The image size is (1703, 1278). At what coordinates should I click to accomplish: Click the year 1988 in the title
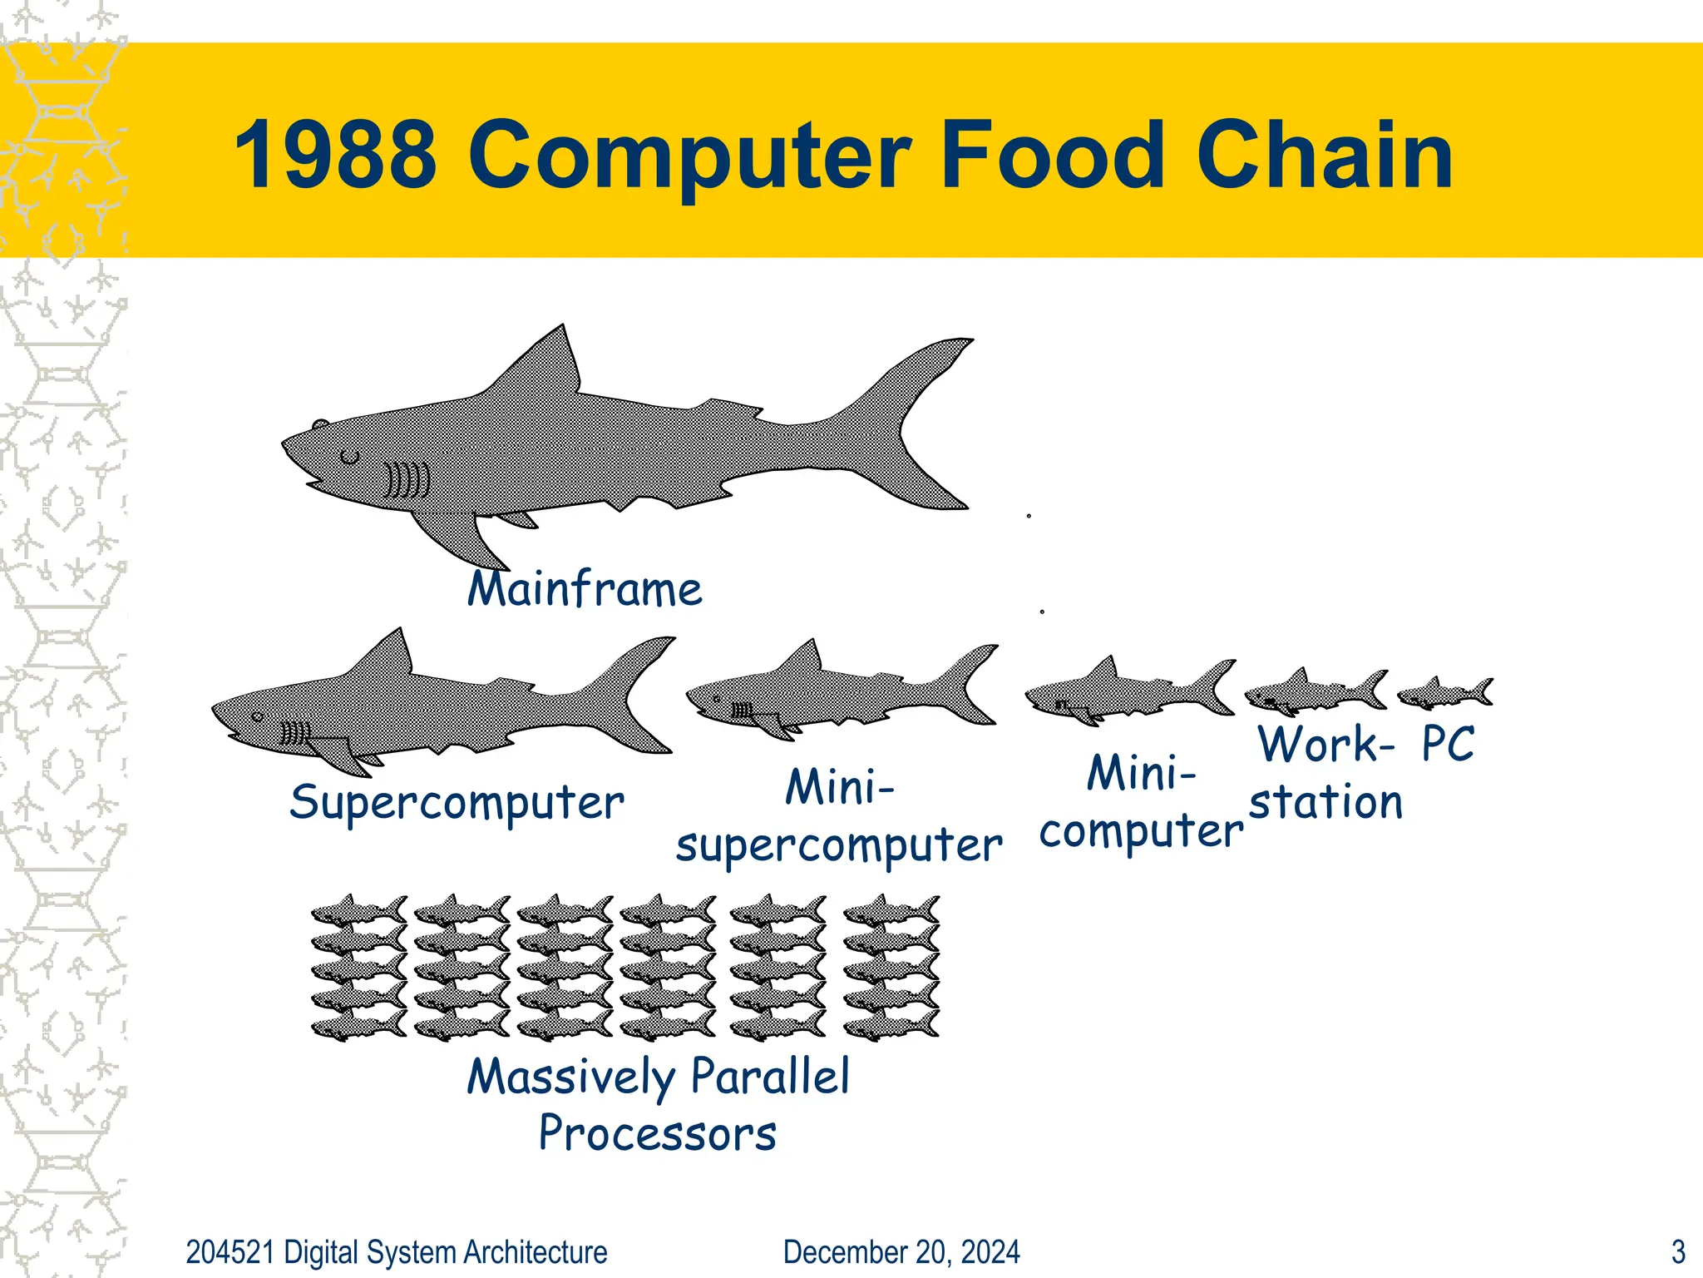pyautogui.click(x=334, y=155)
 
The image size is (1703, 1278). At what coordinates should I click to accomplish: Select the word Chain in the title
pyautogui.click(x=1324, y=155)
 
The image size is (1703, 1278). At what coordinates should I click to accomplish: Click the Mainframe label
pyautogui.click(x=585, y=590)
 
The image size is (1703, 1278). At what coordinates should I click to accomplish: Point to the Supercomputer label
pyautogui.click(x=457, y=803)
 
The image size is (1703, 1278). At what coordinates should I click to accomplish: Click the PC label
pyautogui.click(x=1448, y=743)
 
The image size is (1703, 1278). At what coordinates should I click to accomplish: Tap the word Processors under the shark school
pyautogui.click(x=657, y=1133)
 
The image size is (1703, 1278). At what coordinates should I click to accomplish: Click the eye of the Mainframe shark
pyautogui.click(x=350, y=456)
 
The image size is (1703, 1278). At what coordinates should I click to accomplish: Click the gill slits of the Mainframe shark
pyautogui.click(x=407, y=480)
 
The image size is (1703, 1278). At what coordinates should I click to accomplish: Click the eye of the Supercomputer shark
pyautogui.click(x=258, y=716)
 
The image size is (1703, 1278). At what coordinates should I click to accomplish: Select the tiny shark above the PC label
pyautogui.click(x=1444, y=692)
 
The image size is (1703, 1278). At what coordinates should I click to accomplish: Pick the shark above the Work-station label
pyautogui.click(x=1315, y=691)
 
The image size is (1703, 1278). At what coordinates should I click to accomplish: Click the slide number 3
pyautogui.click(x=1678, y=1252)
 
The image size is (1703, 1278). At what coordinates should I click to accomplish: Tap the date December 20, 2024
pyautogui.click(x=901, y=1252)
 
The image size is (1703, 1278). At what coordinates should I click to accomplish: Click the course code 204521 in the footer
pyautogui.click(x=230, y=1252)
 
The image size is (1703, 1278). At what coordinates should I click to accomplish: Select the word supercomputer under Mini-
pyautogui.click(x=838, y=846)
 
